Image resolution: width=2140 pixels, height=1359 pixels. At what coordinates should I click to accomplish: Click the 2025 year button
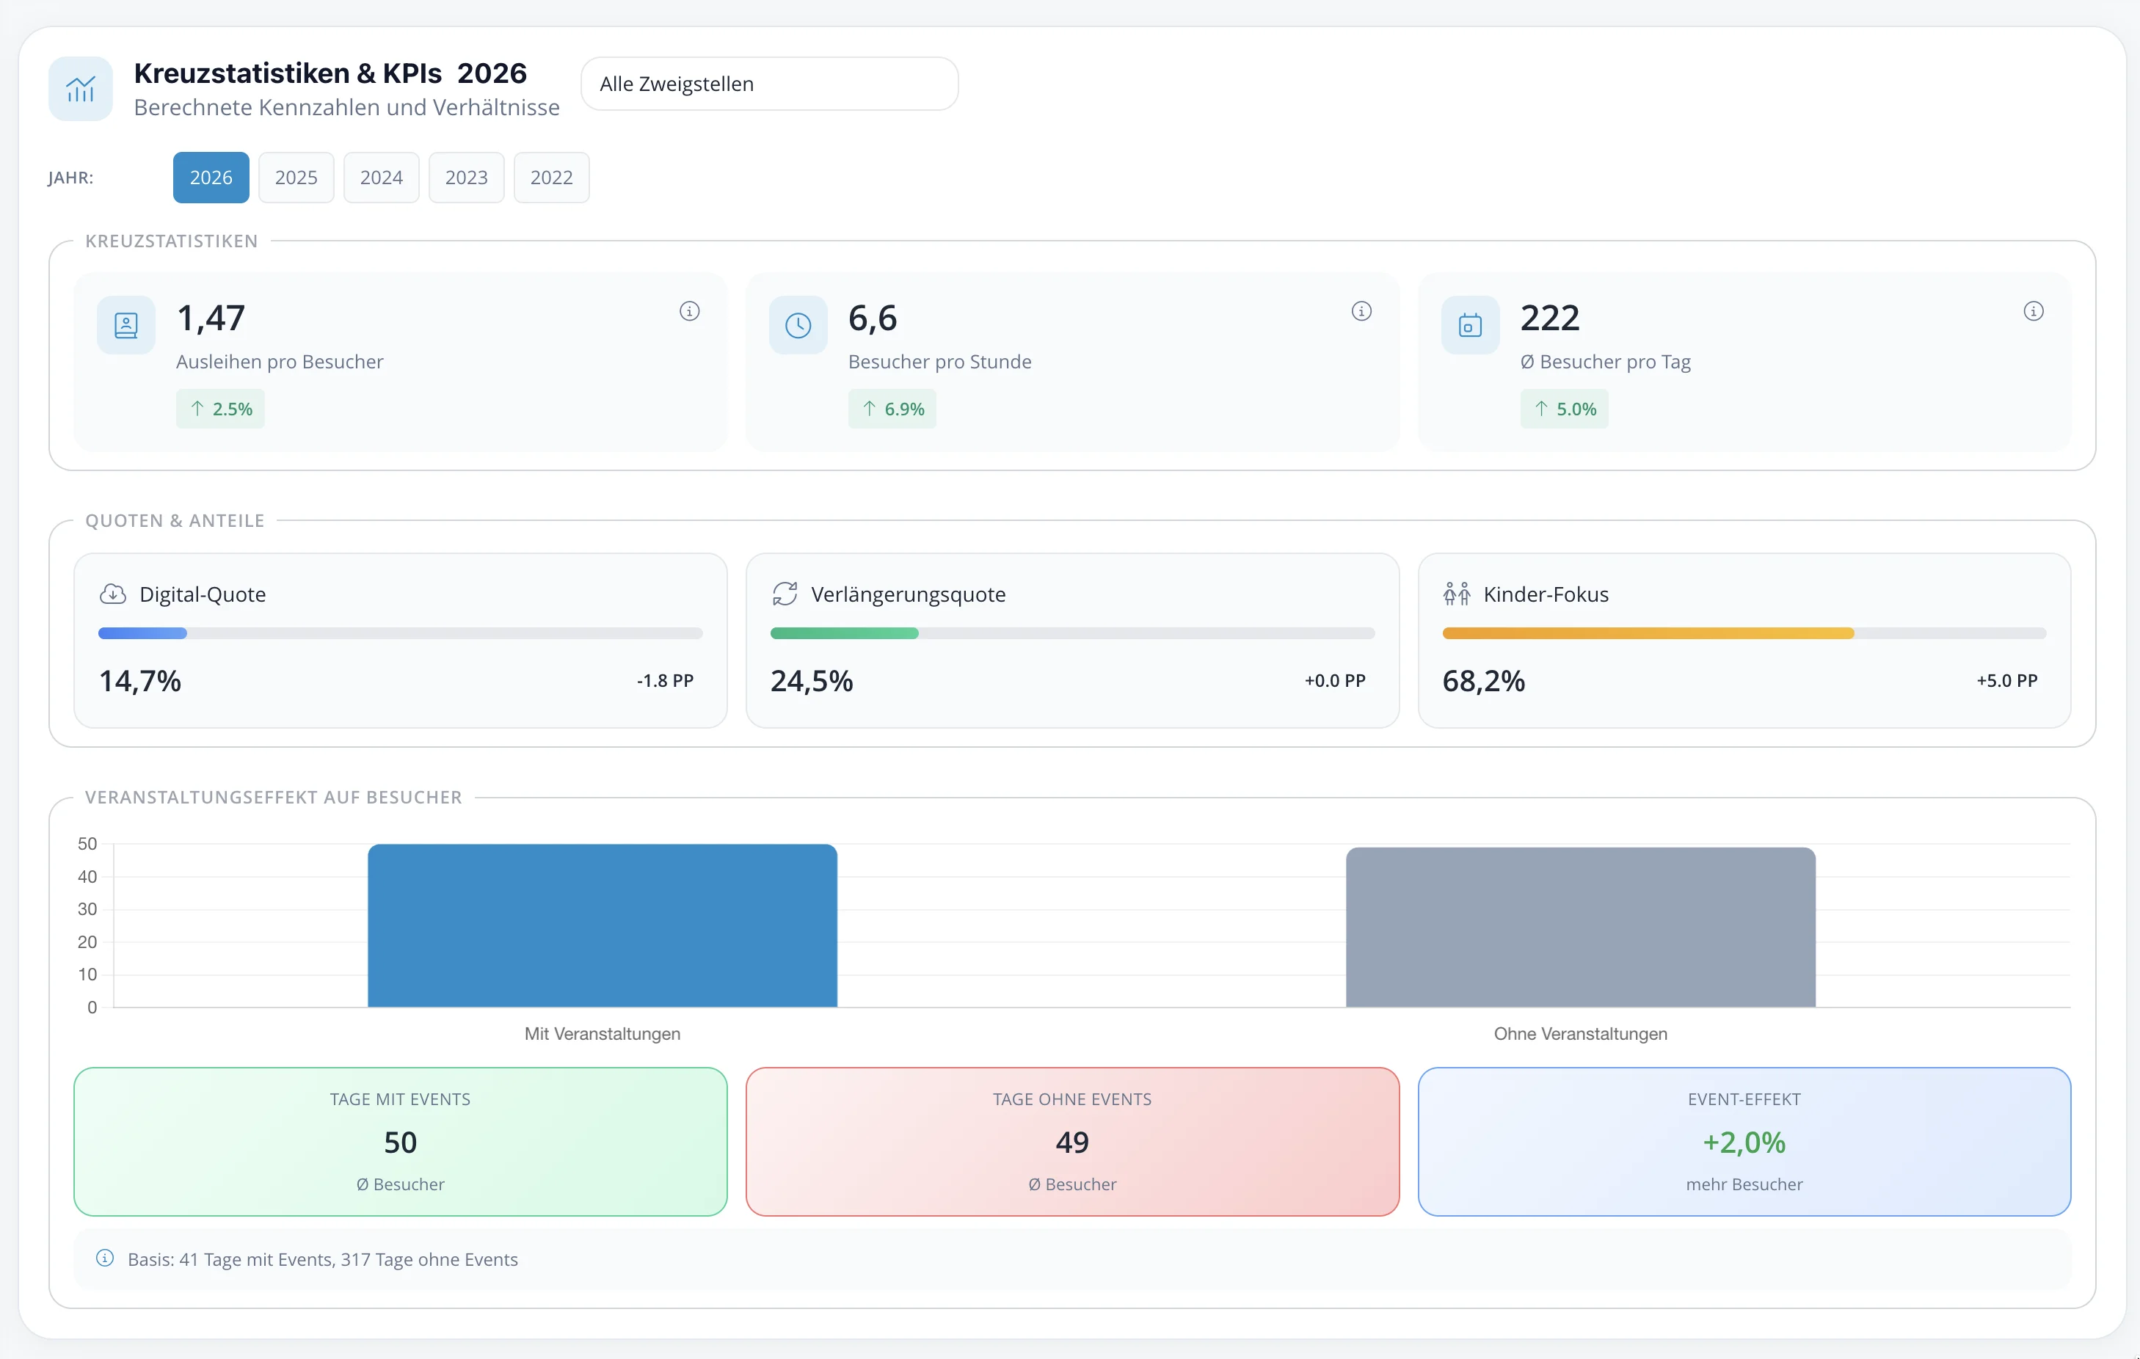click(x=296, y=178)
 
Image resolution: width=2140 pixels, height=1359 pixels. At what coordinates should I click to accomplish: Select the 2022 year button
click(x=551, y=178)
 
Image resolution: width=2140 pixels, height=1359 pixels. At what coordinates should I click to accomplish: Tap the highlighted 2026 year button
click(x=211, y=178)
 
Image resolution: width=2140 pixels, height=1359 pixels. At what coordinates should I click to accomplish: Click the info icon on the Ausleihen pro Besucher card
click(x=690, y=311)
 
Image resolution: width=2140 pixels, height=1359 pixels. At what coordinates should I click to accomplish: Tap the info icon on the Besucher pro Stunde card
click(x=1361, y=311)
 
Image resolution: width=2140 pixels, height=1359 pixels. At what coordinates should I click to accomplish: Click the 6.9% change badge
click(x=892, y=409)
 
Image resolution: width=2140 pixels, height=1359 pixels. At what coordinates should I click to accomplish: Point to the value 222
click(x=1550, y=318)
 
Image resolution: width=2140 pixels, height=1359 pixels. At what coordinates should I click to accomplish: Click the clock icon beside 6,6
click(x=798, y=325)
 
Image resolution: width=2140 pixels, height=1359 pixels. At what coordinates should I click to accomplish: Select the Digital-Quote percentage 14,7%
click(x=140, y=681)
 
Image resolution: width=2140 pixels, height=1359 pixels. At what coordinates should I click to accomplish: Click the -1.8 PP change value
click(x=665, y=681)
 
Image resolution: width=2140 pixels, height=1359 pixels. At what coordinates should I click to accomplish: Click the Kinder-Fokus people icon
click(x=1457, y=594)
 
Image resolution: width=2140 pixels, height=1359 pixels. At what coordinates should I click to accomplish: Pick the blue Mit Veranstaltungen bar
click(x=603, y=925)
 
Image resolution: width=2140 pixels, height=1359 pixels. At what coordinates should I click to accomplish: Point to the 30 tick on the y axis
click(x=87, y=909)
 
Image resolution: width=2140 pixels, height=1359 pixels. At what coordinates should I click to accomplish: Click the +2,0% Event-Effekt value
click(x=1744, y=1142)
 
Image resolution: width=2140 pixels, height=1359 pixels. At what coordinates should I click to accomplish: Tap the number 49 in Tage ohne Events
click(x=1071, y=1142)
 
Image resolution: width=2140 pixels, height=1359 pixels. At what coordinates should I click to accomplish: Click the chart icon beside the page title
click(x=81, y=89)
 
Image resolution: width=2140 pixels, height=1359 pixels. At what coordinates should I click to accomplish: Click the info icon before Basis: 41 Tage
click(x=105, y=1258)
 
